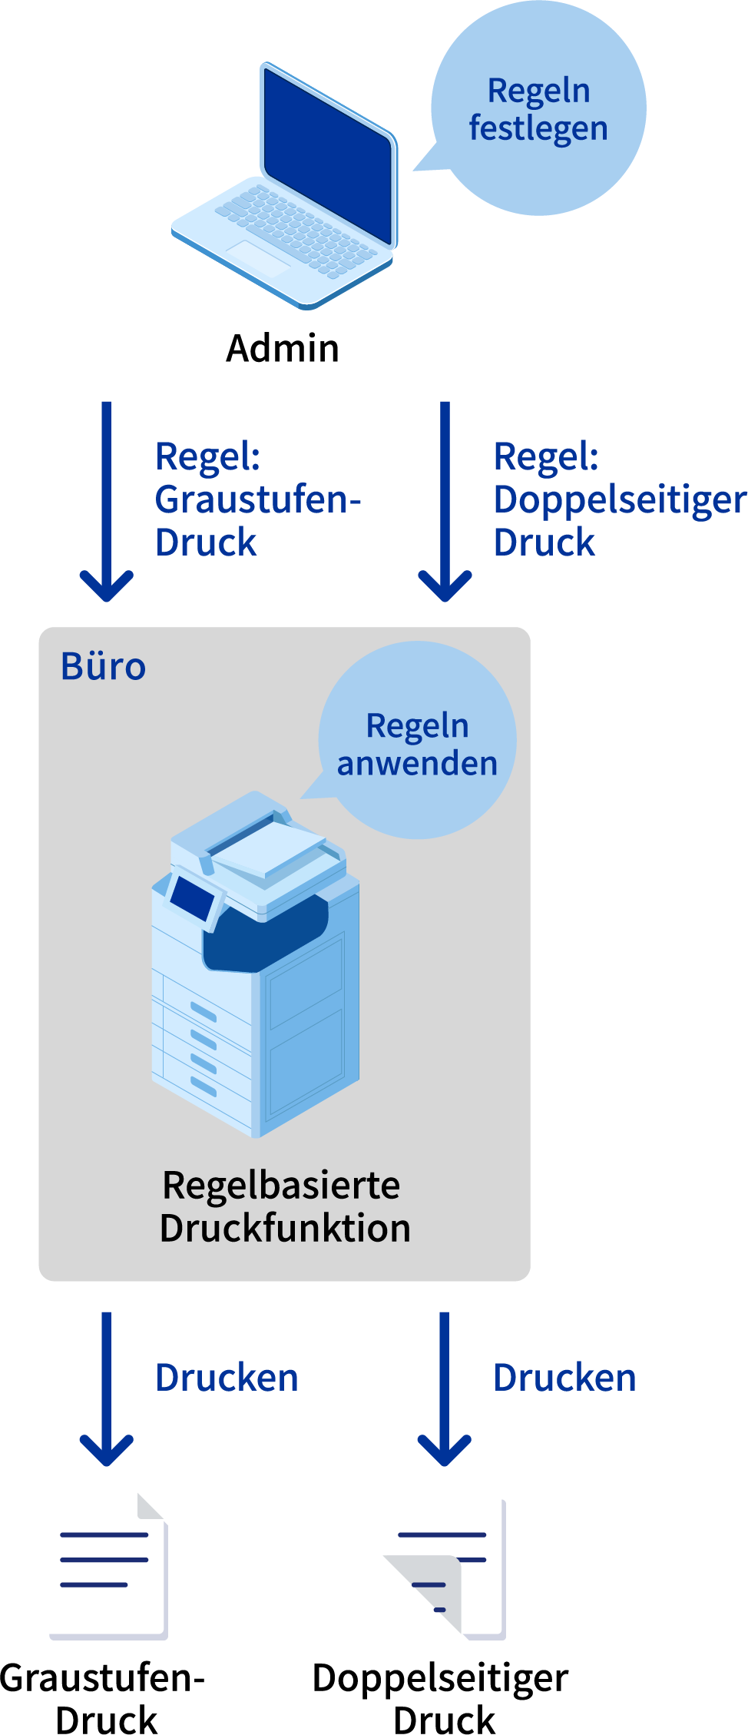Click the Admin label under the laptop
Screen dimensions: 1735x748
pyautogui.click(x=283, y=349)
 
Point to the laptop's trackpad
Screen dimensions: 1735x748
pyautogui.click(x=257, y=257)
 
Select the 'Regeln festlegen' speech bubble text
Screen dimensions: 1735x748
pyautogui.click(x=538, y=110)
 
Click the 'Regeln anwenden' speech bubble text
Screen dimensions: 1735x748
pyautogui.click(x=417, y=745)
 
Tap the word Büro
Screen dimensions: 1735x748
pyautogui.click(x=103, y=666)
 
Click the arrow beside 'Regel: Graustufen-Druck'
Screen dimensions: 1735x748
pyautogui.click(x=107, y=500)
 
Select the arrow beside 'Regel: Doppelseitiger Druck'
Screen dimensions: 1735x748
pyautogui.click(x=445, y=500)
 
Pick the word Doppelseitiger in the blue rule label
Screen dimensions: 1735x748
pyautogui.click(x=619, y=499)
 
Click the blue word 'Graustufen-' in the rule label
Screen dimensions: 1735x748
pyautogui.click(x=257, y=499)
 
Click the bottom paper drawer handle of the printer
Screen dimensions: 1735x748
pyautogui.click(x=204, y=1086)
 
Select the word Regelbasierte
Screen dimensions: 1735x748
pyautogui.click(x=281, y=1185)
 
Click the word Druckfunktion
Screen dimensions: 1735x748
pyautogui.click(x=285, y=1228)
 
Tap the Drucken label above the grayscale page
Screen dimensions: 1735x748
pyautogui.click(x=227, y=1378)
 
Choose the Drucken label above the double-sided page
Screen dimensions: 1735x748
pyautogui.click(x=564, y=1378)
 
